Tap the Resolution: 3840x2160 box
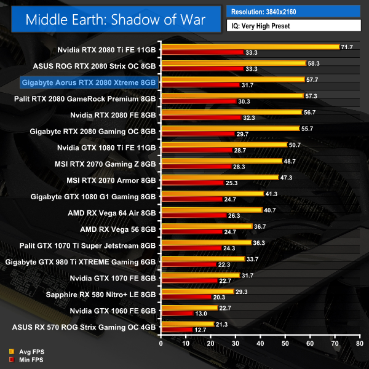[x=293, y=11]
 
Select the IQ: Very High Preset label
[x=293, y=26]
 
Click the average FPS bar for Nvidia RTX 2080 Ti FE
[x=250, y=47]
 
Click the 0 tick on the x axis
[x=161, y=339]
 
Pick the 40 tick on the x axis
[x=260, y=339]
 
